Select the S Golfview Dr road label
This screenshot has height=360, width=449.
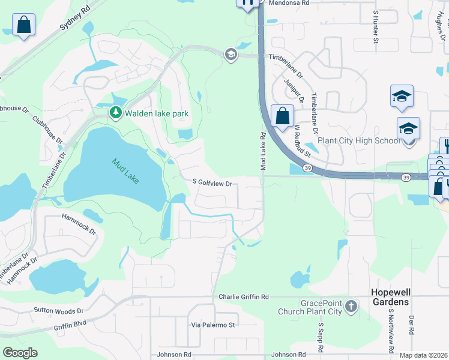(x=212, y=182)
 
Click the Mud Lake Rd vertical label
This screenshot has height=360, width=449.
(x=262, y=151)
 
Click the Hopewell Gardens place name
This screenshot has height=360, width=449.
(x=391, y=297)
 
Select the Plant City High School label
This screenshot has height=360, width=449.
(x=358, y=140)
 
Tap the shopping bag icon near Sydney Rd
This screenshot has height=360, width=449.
(x=23, y=25)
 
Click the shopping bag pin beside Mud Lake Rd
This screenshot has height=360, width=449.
(x=282, y=115)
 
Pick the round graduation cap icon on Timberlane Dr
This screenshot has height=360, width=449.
(x=230, y=55)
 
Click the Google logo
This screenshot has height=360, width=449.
(x=20, y=352)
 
